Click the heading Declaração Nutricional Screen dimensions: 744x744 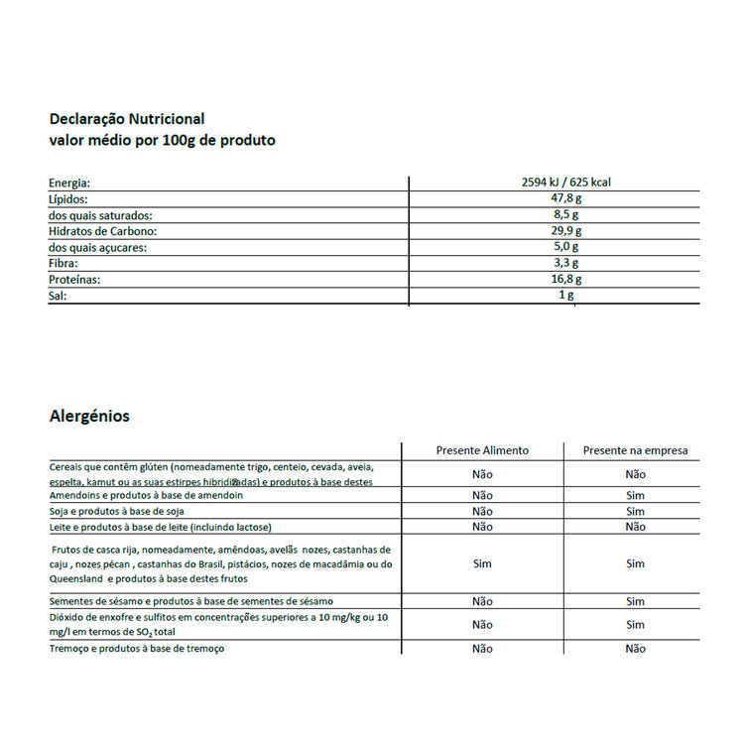point(126,119)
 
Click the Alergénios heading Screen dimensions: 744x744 point(89,417)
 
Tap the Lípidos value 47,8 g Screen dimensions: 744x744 point(565,198)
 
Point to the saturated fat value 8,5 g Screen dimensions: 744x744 point(566,214)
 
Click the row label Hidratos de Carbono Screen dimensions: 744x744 point(104,231)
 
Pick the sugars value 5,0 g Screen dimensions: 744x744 point(566,247)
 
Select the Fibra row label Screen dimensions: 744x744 point(62,264)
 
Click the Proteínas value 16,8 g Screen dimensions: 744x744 point(565,280)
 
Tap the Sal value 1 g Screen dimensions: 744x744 point(566,296)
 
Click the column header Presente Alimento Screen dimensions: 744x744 point(482,450)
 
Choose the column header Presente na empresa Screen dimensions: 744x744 point(635,450)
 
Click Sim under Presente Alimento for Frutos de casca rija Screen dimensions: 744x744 point(482,563)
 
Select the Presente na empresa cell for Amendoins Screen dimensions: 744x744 point(635,495)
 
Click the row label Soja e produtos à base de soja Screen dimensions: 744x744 point(116,511)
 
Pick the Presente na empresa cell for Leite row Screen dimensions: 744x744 point(635,527)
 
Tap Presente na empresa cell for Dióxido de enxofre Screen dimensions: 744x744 point(635,625)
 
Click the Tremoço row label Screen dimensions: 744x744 point(137,648)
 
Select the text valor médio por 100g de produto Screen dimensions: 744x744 point(162,141)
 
